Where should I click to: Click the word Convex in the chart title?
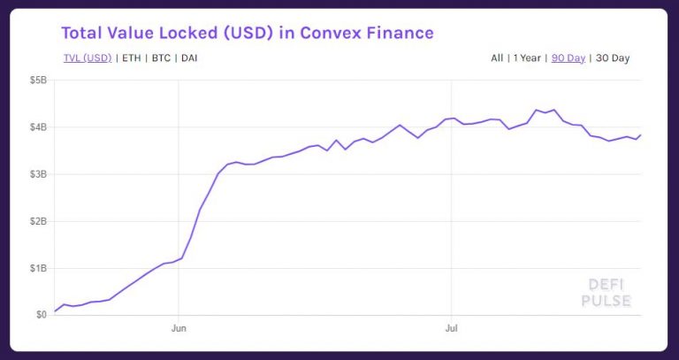pyautogui.click(x=326, y=34)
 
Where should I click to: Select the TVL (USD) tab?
pyautogui.click(x=87, y=58)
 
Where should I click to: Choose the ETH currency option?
pyautogui.click(x=131, y=58)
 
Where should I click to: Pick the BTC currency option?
pyautogui.click(x=161, y=58)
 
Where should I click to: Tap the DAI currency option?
pyautogui.click(x=189, y=58)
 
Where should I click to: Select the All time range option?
pyautogui.click(x=497, y=58)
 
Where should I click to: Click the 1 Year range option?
pyautogui.click(x=527, y=58)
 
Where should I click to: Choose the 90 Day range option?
pyautogui.click(x=568, y=58)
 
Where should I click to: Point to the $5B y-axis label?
pyautogui.click(x=36, y=80)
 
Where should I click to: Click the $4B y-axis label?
pyautogui.click(x=36, y=127)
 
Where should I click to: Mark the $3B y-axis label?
pyautogui.click(x=36, y=174)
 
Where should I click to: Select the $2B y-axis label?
pyautogui.click(x=36, y=221)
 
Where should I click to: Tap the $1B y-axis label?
pyautogui.click(x=36, y=268)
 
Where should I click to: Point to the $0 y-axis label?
pyautogui.click(x=41, y=315)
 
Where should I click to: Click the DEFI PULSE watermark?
pyautogui.click(x=606, y=293)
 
